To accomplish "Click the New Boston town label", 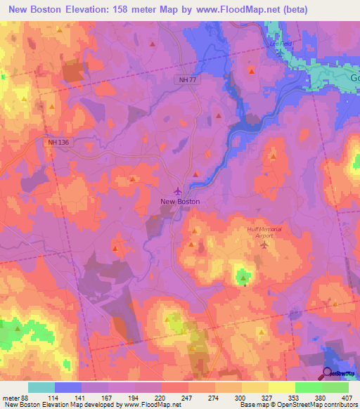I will click(180, 202).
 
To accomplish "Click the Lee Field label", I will click(280, 42).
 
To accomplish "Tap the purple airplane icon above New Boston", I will click(177, 190).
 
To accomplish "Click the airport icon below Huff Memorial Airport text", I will click(264, 245).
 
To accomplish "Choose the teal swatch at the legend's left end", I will click(41, 387).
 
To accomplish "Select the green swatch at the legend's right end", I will click(335, 387).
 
